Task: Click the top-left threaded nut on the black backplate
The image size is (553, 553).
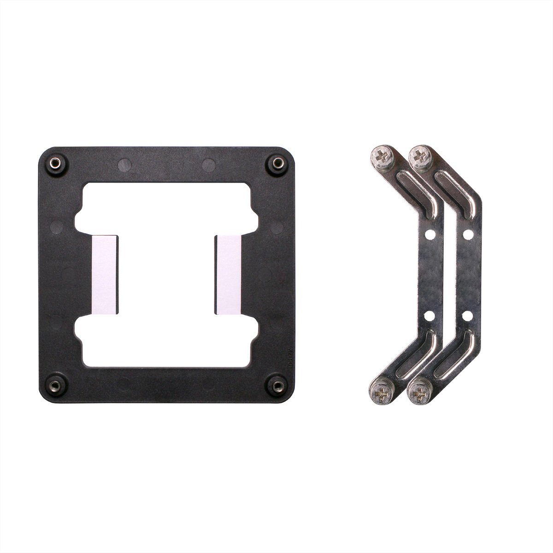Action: [55, 163]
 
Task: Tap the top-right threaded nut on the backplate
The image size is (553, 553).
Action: [277, 163]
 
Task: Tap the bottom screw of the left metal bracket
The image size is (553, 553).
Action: [381, 394]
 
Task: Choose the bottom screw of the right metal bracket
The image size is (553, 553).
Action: [419, 394]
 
